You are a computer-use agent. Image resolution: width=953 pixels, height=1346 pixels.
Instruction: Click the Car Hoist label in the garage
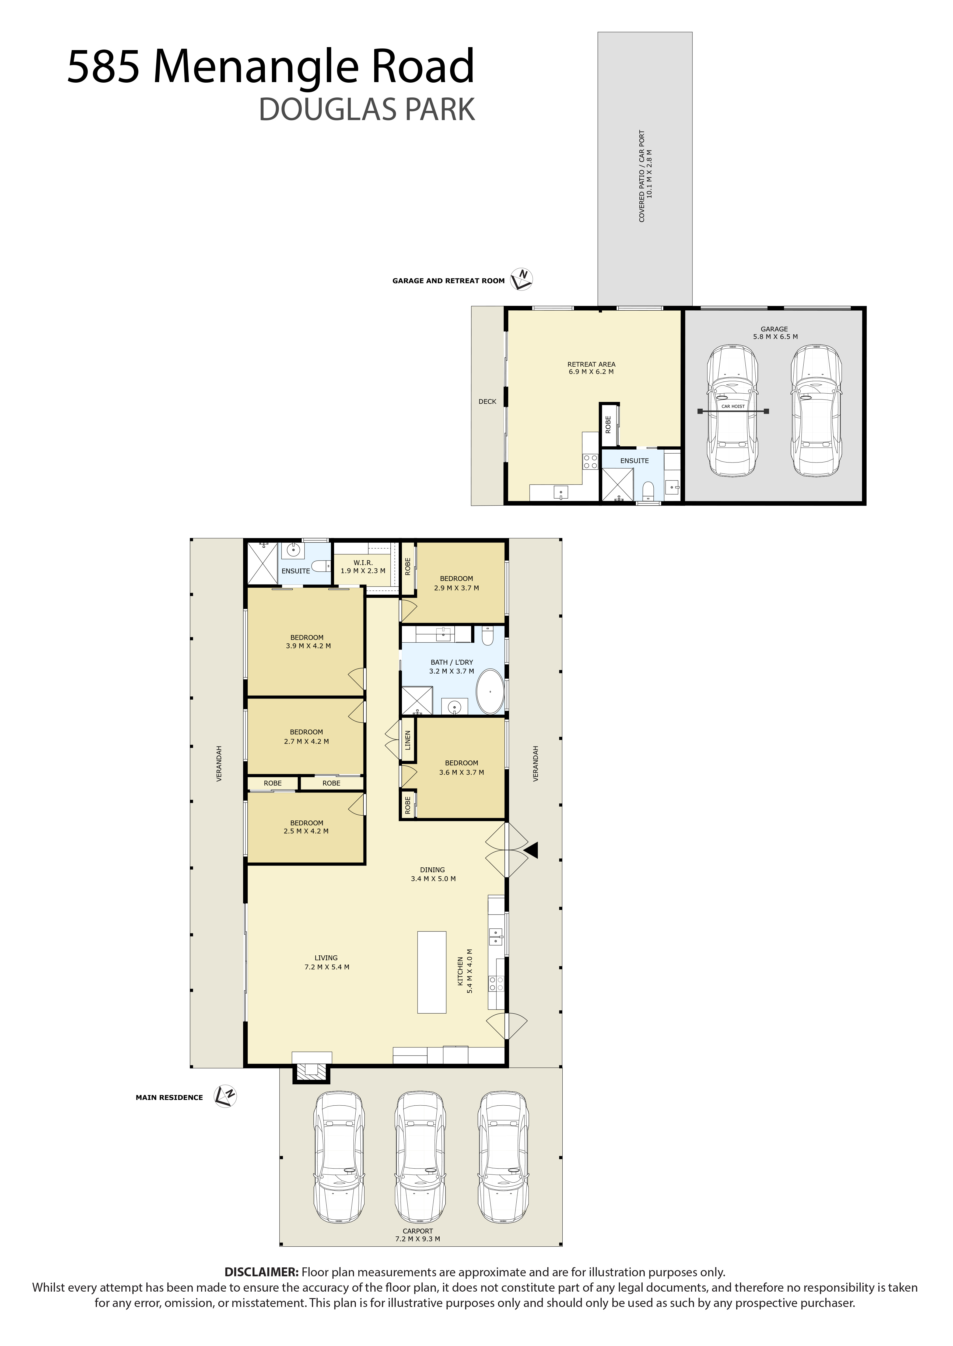point(733,406)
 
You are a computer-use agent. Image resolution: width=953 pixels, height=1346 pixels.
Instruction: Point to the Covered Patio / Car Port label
point(646,176)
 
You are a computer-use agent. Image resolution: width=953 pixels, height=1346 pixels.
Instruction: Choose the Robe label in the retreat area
point(608,424)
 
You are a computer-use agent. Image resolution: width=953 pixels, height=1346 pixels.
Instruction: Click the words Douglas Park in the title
point(367,110)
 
